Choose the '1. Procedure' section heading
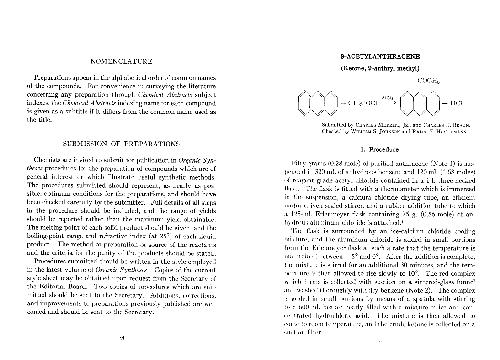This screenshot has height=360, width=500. point(375,140)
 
